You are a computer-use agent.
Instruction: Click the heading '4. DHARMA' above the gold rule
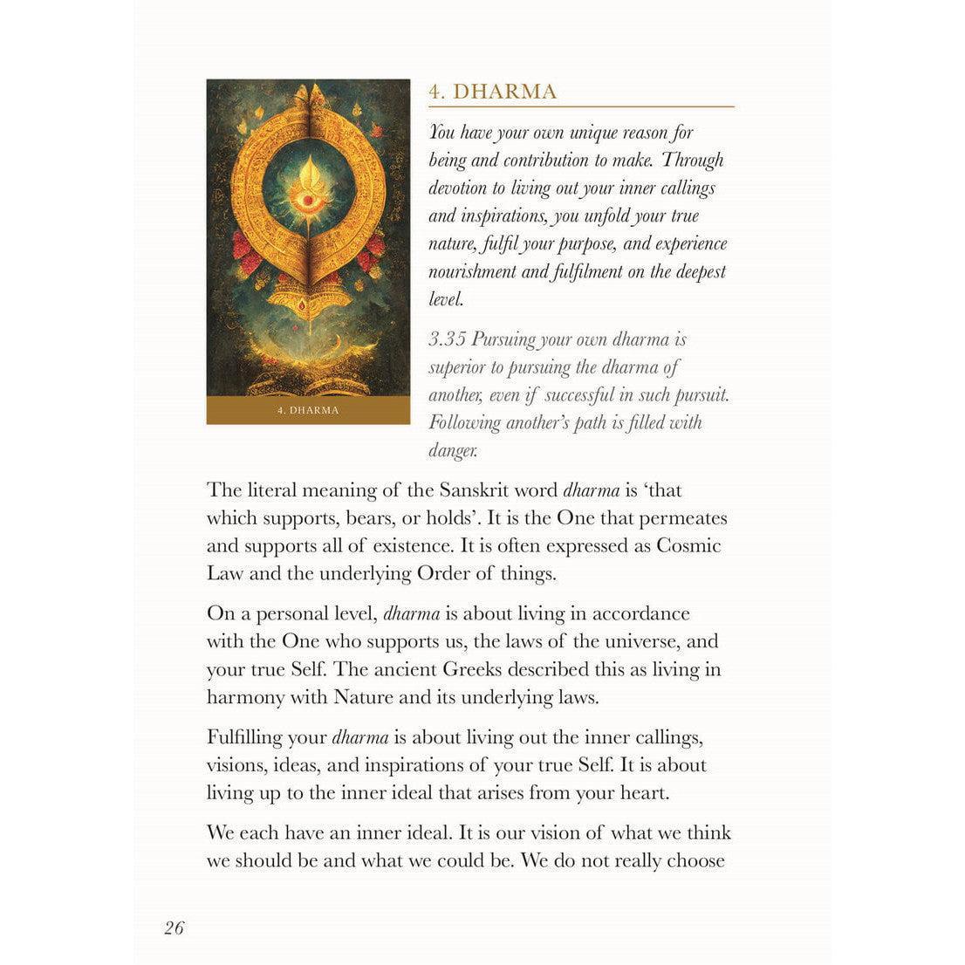point(493,92)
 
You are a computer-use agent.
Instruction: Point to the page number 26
point(174,927)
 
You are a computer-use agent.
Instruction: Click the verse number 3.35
point(448,339)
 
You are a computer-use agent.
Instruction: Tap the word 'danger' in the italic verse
point(451,451)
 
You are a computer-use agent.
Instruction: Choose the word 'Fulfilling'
point(244,737)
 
